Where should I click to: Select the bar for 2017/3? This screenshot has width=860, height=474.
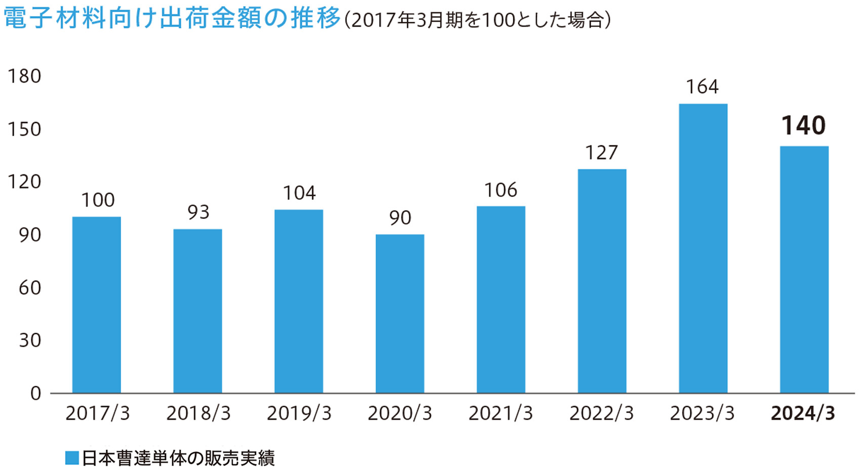tap(96, 305)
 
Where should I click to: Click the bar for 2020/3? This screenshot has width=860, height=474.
tap(400, 313)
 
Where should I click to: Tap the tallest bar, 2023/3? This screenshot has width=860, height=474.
tap(703, 248)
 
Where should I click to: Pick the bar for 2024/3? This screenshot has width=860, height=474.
tap(804, 269)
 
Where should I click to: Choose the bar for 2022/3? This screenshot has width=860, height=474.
tap(602, 281)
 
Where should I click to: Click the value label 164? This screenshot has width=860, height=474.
tap(702, 87)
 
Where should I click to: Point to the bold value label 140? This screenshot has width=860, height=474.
tap(803, 126)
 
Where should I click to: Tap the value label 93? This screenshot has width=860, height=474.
tap(198, 212)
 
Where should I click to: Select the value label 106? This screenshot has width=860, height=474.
tap(501, 190)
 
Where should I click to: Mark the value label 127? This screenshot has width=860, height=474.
tap(601, 152)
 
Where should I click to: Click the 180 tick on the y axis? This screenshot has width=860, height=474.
tap(24, 76)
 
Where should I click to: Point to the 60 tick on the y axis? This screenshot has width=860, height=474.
tap(30, 288)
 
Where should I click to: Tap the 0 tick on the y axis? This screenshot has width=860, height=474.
tap(35, 393)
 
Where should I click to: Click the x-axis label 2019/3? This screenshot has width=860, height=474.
tap(299, 414)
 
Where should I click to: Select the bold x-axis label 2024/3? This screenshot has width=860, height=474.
tap(803, 414)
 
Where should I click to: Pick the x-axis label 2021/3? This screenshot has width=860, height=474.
tap(501, 414)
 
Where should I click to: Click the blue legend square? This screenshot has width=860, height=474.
tap(72, 458)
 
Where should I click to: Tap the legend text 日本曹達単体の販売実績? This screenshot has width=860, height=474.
tap(178, 458)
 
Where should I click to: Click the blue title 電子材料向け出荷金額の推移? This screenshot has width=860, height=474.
tap(172, 19)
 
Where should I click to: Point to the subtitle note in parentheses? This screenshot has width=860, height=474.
tap(477, 20)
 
